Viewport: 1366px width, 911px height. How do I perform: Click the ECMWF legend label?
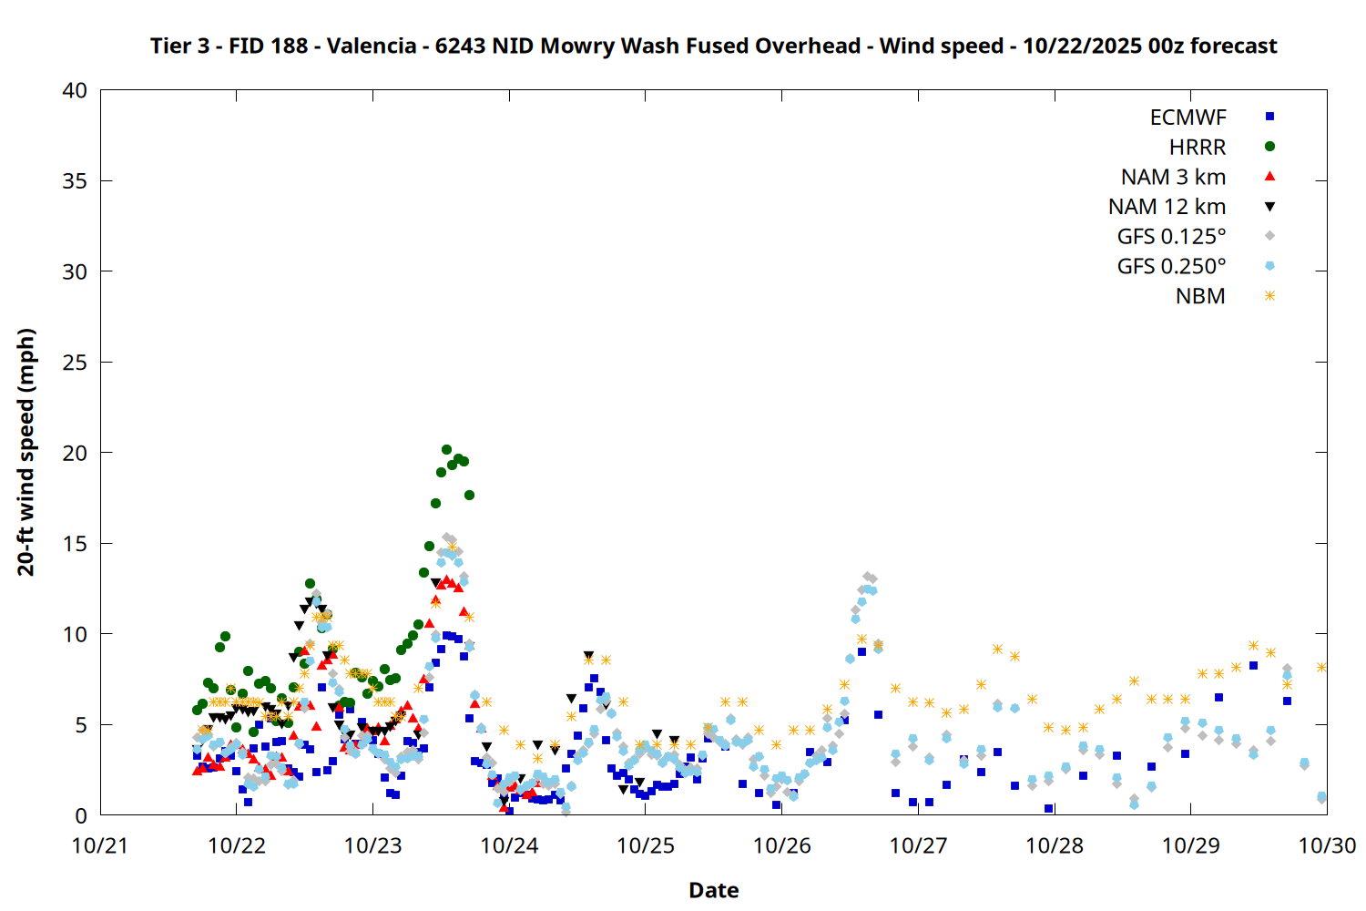pos(1188,118)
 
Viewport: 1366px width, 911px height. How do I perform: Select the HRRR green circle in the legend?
pos(1269,147)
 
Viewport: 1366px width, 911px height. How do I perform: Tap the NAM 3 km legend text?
pos(1173,177)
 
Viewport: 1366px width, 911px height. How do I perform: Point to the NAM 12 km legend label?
pos(1167,207)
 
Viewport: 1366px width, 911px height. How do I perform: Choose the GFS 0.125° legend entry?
pos(1171,237)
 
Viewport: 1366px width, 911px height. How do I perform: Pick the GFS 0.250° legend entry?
pos(1171,267)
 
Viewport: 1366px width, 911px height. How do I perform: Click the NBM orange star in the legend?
pos(1269,296)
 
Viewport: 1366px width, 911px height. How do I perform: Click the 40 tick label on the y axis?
pos(75,90)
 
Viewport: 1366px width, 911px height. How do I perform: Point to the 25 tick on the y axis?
pos(75,363)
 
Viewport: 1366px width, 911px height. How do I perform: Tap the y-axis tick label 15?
pos(75,544)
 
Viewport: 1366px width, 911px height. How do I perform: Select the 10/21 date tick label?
pos(100,845)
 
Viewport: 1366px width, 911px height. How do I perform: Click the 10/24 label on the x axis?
pos(509,845)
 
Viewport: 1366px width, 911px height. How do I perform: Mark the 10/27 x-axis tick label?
pos(918,845)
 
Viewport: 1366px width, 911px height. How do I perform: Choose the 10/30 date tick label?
pos(1327,845)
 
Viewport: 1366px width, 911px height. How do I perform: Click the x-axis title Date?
pos(713,890)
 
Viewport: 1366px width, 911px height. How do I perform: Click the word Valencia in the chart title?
pos(372,46)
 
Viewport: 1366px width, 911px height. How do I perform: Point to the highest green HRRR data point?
pos(446,449)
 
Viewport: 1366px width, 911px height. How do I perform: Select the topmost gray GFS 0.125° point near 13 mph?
pos(867,576)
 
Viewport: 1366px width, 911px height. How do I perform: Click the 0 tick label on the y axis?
pos(81,815)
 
